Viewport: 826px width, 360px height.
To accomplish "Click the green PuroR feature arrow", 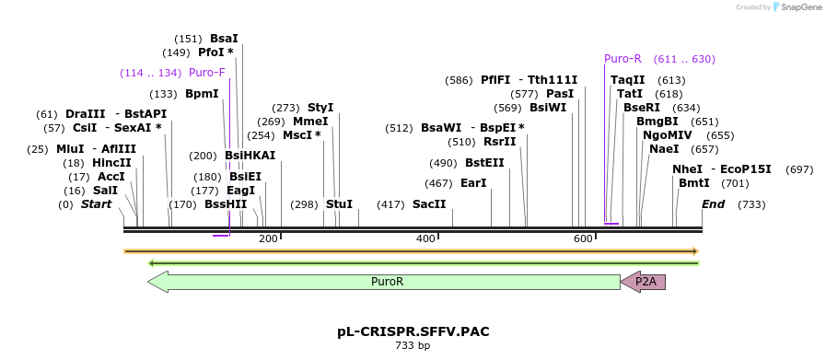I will [x=387, y=282].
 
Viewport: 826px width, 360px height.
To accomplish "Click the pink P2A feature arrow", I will [x=645, y=282].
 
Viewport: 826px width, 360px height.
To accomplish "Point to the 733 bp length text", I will [x=413, y=346].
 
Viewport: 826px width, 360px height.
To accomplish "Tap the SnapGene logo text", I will [x=798, y=6].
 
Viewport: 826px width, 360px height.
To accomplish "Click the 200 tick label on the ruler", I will [x=268, y=239].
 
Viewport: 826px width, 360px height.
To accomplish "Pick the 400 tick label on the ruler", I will [x=425, y=239].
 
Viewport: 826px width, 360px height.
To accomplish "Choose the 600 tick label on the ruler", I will [x=583, y=239].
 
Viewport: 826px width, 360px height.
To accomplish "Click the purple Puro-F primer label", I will [x=206, y=73].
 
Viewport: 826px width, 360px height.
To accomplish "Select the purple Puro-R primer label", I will [x=622, y=59].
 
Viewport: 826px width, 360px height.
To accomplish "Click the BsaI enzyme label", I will [x=224, y=39].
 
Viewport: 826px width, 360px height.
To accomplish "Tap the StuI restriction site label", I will [x=339, y=204].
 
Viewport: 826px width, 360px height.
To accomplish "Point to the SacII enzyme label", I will [x=429, y=204].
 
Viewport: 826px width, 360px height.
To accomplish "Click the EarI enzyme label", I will [x=473, y=183].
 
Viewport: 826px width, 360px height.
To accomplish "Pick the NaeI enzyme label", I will [x=664, y=149].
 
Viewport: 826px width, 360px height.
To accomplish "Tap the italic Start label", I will [x=97, y=204].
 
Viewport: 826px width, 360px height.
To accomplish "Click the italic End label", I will [x=714, y=204].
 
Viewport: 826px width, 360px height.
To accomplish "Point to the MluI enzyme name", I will [x=70, y=149].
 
